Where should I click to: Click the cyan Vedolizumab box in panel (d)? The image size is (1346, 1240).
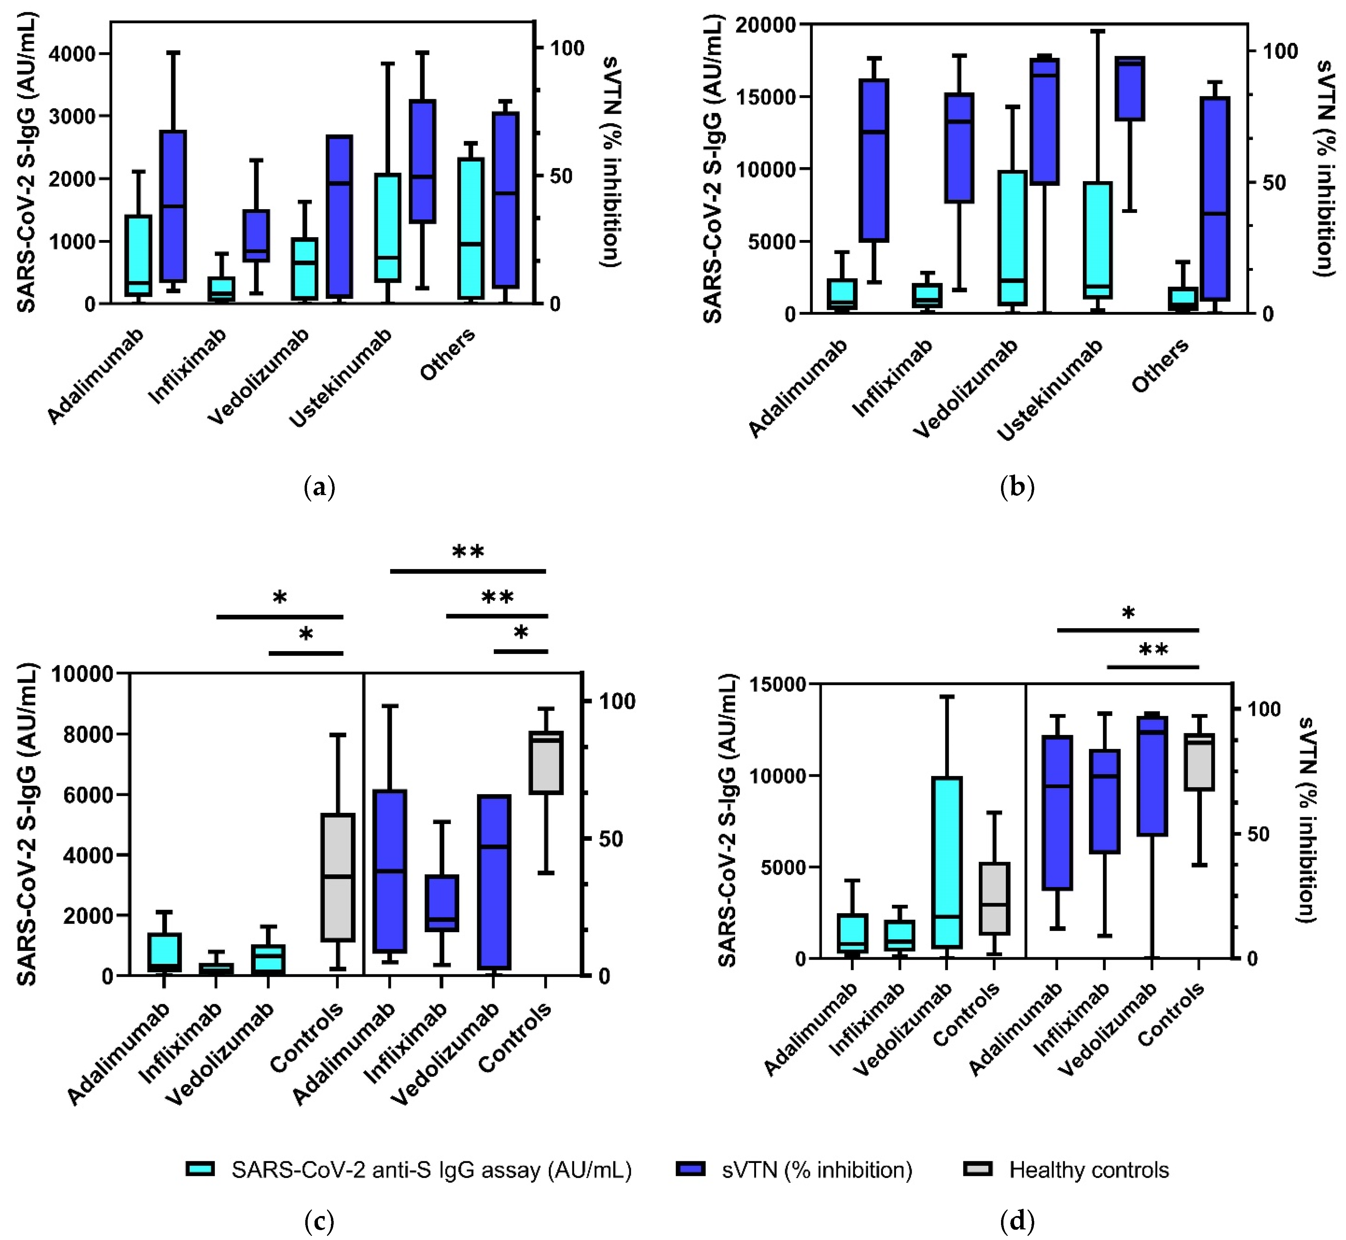[946, 862]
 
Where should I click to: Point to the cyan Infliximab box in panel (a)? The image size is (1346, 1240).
[221, 289]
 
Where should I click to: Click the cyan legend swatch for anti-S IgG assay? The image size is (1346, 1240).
[200, 1169]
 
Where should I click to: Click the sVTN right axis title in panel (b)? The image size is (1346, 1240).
[1325, 168]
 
